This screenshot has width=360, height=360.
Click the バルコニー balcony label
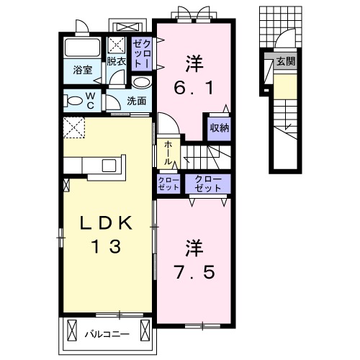pyautogui.click(x=106, y=334)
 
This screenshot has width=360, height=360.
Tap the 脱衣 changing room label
pyautogui.click(x=117, y=62)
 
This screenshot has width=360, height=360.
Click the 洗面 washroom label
pyautogui.click(x=138, y=102)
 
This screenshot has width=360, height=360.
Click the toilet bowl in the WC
pyautogui.click(x=74, y=99)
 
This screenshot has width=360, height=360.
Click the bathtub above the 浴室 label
pyautogui.click(x=84, y=49)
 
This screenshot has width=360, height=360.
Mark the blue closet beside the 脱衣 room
pyautogui.click(x=140, y=53)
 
